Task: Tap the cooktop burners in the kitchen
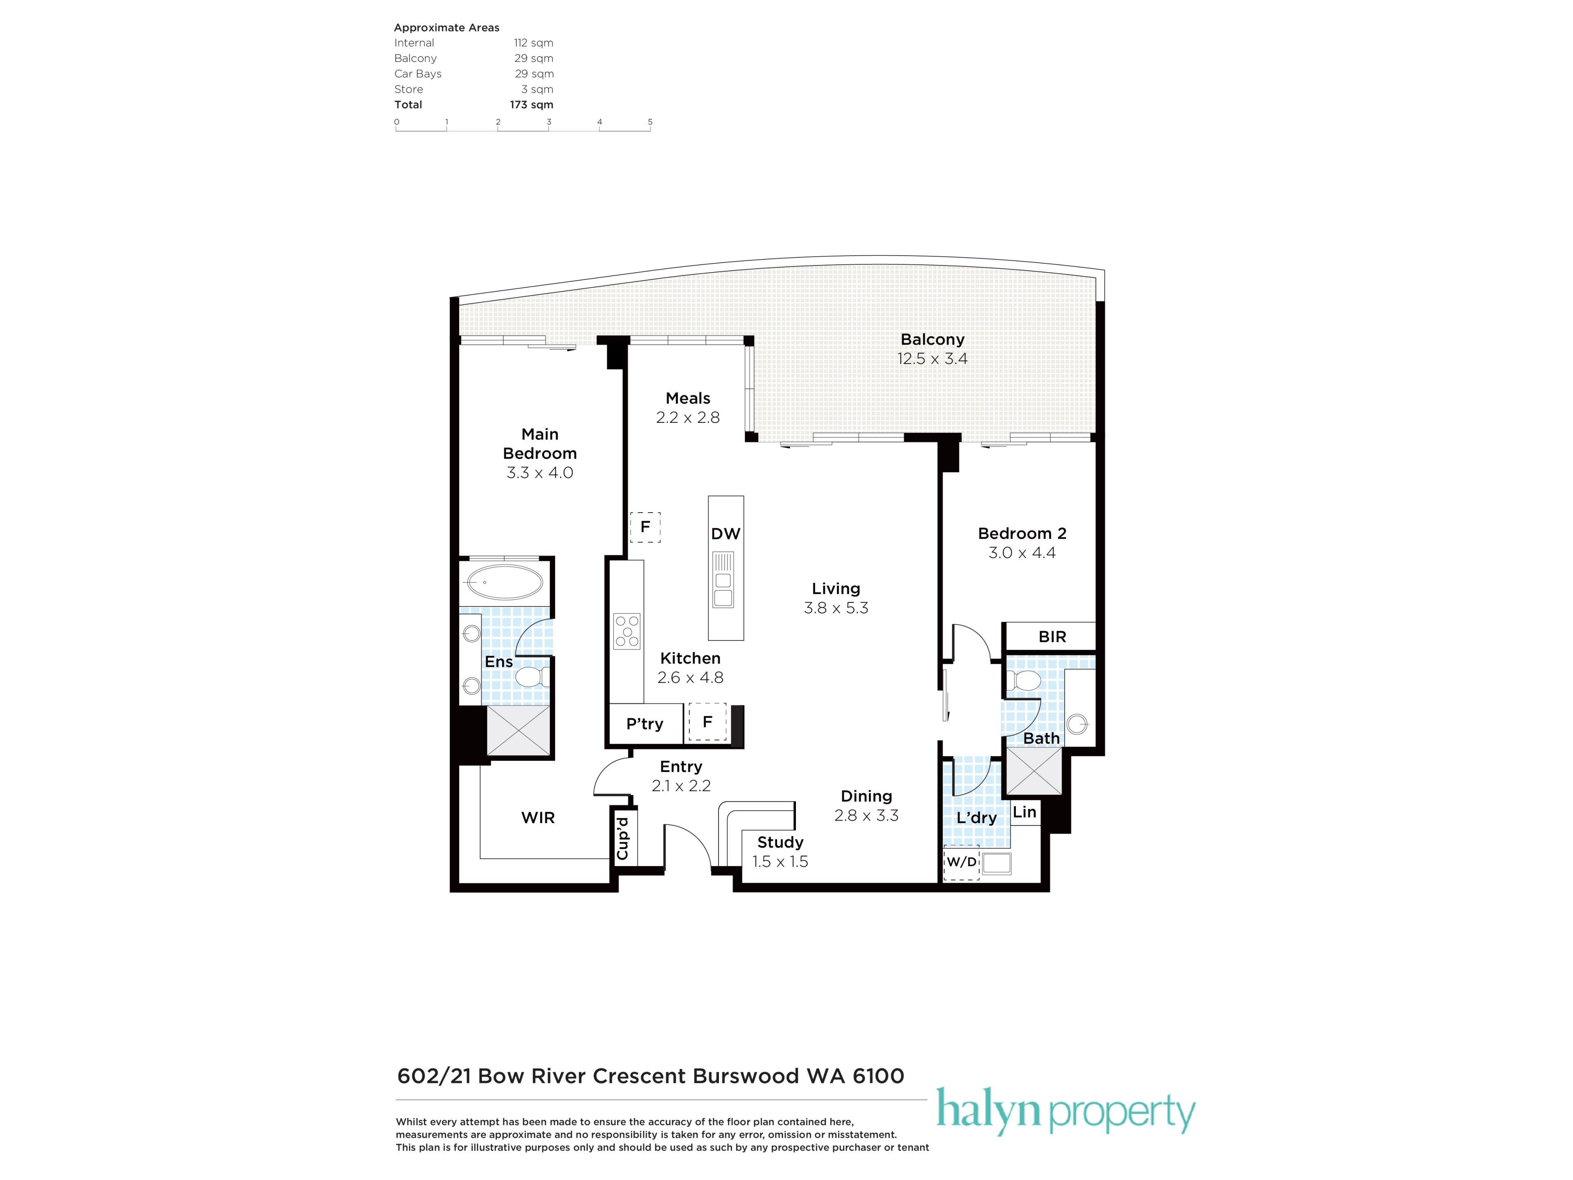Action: pos(626,631)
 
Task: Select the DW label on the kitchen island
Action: pos(725,533)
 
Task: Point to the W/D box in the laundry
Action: pos(961,862)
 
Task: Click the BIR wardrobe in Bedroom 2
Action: pos(1052,637)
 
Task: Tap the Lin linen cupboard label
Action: pos(1024,812)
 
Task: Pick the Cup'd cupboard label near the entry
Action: pos(623,838)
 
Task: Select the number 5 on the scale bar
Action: pos(650,122)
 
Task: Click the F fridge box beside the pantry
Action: pos(707,722)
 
